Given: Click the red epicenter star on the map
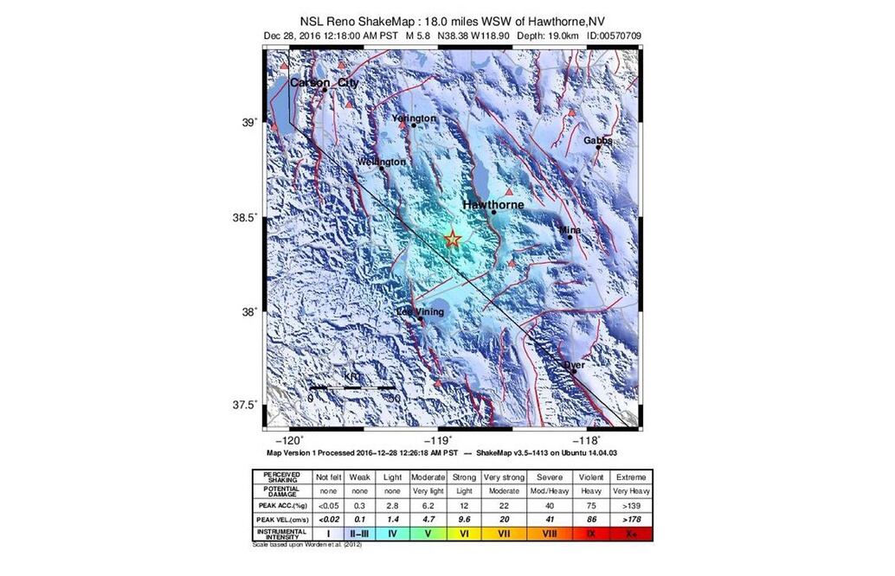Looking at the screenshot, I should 453,240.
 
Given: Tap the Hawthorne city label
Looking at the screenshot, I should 493,205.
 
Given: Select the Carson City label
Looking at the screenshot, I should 324,82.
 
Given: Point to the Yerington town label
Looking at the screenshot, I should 414,118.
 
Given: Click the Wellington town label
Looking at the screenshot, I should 381,162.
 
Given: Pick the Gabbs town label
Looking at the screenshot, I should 597,140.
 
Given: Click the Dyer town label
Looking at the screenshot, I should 574,365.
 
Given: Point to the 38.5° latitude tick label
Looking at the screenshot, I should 248,217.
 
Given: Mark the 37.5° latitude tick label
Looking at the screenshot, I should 248,405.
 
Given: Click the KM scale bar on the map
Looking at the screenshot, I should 353,387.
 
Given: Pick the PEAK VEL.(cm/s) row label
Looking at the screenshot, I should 280,520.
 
